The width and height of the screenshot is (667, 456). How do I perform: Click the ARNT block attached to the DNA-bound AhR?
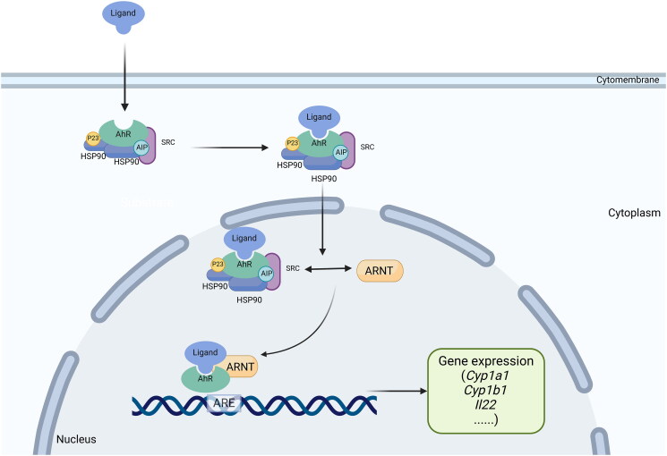[238, 365]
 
